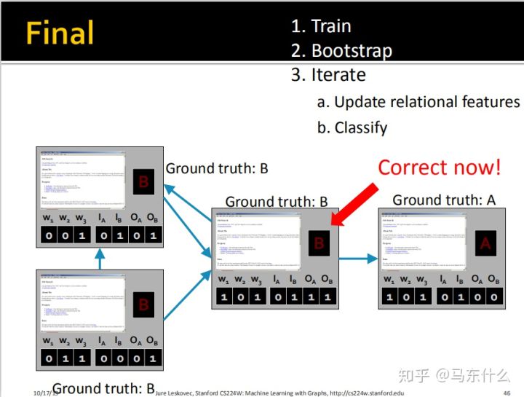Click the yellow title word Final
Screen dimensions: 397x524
click(x=60, y=34)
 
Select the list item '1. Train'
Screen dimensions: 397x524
click(x=321, y=26)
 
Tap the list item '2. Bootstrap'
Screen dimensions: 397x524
click(x=341, y=51)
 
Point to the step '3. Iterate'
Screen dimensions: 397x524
click(x=328, y=75)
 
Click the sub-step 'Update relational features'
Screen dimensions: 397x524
click(x=426, y=102)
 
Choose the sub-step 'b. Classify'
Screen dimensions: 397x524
click(x=352, y=127)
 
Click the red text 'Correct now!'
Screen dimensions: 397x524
click(x=439, y=167)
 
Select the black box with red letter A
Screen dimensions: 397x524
click(x=485, y=245)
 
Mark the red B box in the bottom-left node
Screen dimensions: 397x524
click(x=143, y=304)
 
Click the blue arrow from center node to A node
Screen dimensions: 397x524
click(x=359, y=258)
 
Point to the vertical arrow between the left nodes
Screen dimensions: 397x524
click(x=100, y=258)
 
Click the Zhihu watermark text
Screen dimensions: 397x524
click(x=451, y=376)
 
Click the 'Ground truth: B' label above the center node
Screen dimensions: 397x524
click(x=277, y=202)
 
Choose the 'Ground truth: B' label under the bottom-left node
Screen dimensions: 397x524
click(x=104, y=388)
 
